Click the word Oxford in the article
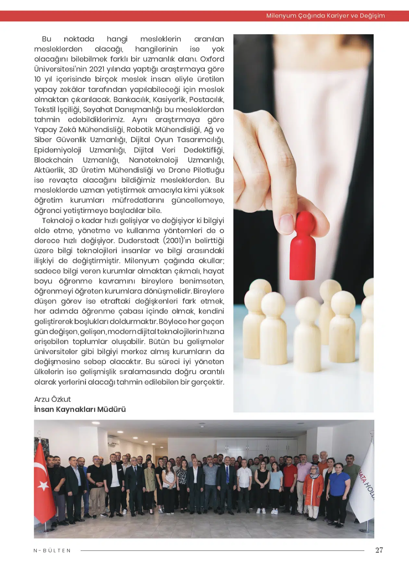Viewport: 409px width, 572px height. [x=212, y=59]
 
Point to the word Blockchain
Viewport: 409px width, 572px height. [x=54, y=160]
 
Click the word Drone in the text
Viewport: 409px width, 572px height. [x=179, y=170]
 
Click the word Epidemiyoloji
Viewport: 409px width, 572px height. [x=58, y=150]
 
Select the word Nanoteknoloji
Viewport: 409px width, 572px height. [x=153, y=160]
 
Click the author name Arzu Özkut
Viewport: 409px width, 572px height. [x=53, y=399]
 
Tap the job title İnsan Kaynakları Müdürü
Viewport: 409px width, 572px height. [x=80, y=409]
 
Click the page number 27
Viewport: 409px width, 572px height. [x=379, y=550]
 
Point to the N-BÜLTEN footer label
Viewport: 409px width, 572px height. [x=52, y=551]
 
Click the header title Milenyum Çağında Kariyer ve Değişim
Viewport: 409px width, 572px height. [x=325, y=16]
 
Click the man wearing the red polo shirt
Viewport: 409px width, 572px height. [x=290, y=480]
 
